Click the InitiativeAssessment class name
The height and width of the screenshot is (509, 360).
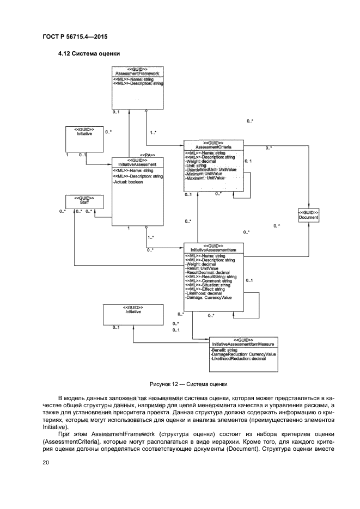click(x=137, y=164)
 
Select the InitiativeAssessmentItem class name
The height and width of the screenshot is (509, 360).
click(x=213, y=250)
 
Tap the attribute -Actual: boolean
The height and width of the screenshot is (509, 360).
click(x=128, y=182)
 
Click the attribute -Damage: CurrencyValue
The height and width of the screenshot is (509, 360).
click(x=209, y=298)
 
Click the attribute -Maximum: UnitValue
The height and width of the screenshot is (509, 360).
click(x=205, y=179)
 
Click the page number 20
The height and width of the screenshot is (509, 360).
click(x=46, y=462)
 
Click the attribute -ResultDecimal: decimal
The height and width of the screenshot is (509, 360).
click(x=208, y=272)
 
